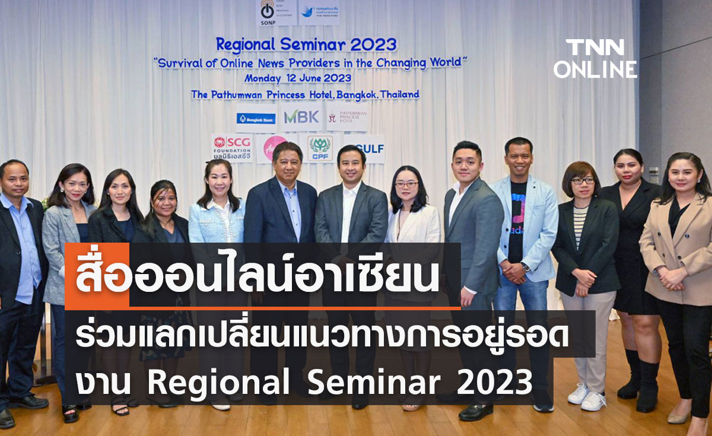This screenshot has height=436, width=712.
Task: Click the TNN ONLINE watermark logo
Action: click(595, 59)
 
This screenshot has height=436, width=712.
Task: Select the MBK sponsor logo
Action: click(301, 117)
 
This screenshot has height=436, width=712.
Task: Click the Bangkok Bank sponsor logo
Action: click(256, 119)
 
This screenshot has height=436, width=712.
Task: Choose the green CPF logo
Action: click(320, 147)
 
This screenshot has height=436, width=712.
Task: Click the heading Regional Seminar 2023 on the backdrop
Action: click(306, 44)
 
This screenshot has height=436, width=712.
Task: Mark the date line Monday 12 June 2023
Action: click(297, 78)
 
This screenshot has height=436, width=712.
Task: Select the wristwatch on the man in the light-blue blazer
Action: click(526, 268)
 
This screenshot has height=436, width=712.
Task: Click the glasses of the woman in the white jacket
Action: click(406, 184)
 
